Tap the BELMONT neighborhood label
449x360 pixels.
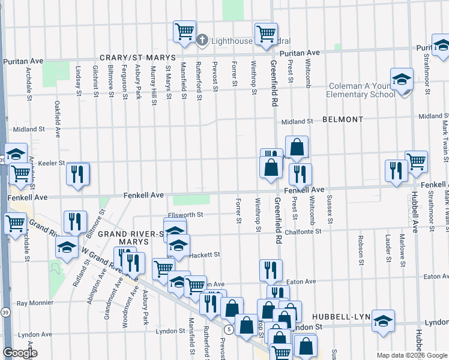tap(342, 119)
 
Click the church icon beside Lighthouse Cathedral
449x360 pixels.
tap(202, 40)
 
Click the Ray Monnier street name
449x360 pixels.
tap(35, 304)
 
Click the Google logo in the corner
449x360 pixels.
tap(19, 353)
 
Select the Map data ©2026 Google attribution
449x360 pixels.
tap(412, 355)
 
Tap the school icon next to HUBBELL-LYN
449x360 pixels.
tap(382, 321)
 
